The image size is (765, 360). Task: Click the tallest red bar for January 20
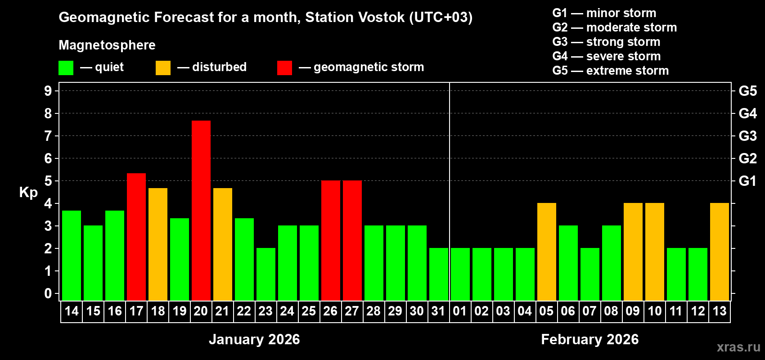coord(201,210)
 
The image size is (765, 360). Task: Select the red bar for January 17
coord(136,237)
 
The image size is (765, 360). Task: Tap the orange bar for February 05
coord(546,252)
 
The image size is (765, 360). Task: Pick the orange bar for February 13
coord(719,252)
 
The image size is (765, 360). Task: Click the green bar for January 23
coord(265,274)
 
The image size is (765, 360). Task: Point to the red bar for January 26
coord(330,240)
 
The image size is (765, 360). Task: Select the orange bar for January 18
coord(157,244)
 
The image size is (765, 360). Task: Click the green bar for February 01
coord(460,274)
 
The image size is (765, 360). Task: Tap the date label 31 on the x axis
coord(438,311)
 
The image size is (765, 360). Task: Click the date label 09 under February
coord(633,311)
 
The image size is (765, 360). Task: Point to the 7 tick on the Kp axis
coord(48,136)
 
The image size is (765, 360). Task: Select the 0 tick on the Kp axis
coord(48,293)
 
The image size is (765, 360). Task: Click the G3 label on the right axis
coord(747,136)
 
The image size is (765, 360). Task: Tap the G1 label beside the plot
coord(747,181)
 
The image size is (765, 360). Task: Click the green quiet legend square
coord(66,68)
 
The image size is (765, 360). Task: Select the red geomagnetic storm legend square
coord(284,68)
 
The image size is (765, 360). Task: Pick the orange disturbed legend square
coord(163,68)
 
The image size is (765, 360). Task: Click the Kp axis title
coord(28,193)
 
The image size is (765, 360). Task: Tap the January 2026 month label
coord(254,339)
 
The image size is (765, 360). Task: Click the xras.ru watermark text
coord(738,347)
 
